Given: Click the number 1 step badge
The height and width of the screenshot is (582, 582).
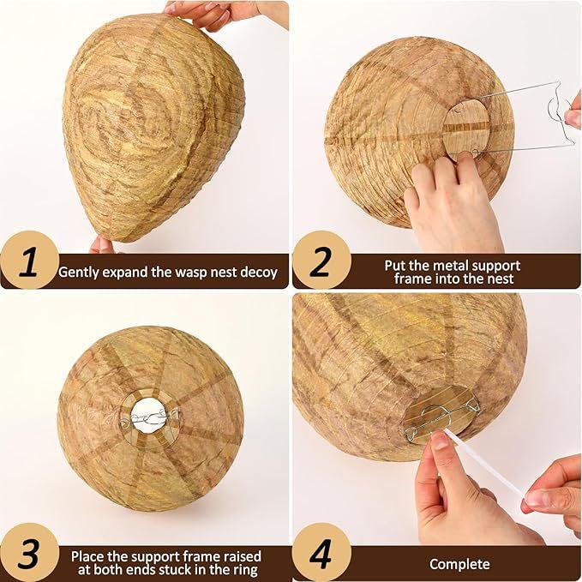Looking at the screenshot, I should [x=28, y=261].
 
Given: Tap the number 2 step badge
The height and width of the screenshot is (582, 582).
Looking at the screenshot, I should [x=320, y=261].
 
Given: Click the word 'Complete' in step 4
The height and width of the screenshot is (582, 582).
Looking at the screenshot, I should [x=459, y=564].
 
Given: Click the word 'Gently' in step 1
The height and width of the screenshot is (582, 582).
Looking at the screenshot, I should [x=78, y=273].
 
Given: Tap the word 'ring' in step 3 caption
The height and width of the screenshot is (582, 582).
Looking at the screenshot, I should [x=245, y=570].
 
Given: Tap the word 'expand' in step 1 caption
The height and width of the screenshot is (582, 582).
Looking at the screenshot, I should [x=129, y=273].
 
